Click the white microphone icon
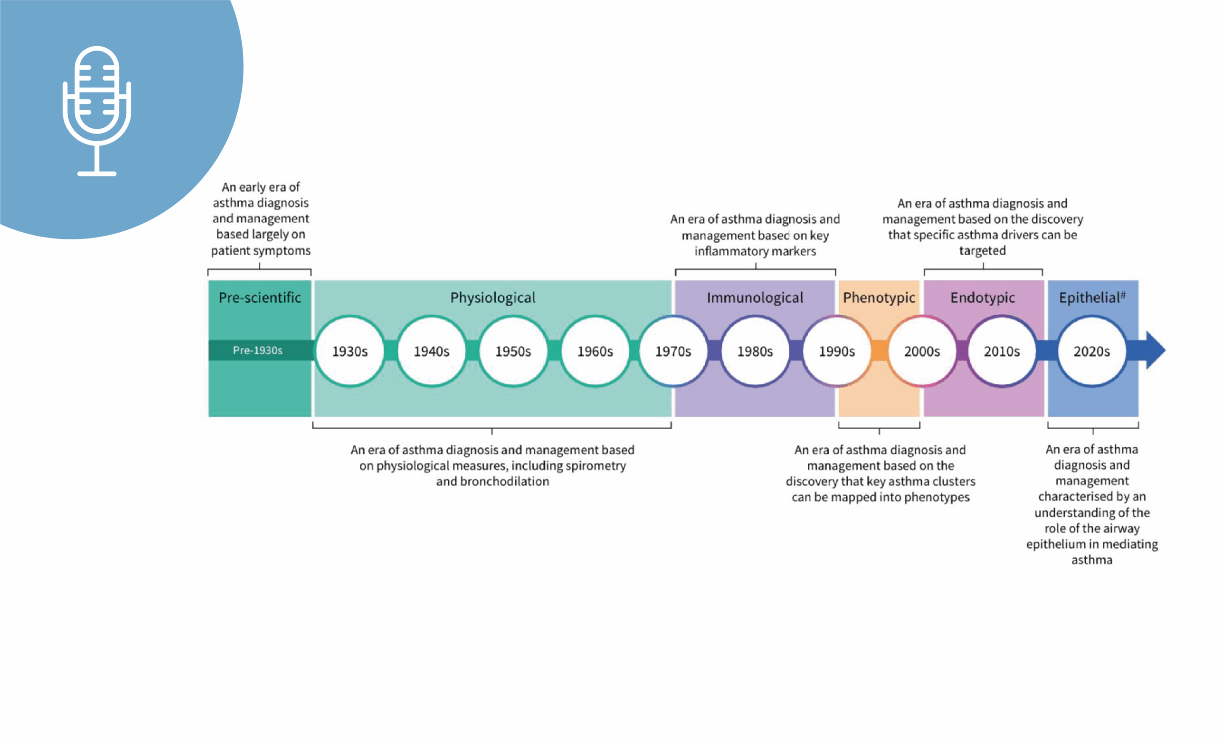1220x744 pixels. [97, 111]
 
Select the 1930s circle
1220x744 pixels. [350, 351]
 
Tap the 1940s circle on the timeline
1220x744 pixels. [432, 351]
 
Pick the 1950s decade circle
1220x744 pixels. [513, 351]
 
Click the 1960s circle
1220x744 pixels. [595, 351]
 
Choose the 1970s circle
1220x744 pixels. [673, 351]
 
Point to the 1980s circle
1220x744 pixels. [755, 351]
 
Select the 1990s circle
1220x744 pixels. [837, 351]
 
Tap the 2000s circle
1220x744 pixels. [922, 351]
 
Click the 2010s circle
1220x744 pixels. [1002, 351]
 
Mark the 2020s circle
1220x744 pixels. [1092, 351]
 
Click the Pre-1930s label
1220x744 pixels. [257, 350]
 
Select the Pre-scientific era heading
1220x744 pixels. [260, 298]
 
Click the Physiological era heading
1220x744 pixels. [493, 298]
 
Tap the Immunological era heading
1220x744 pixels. [755, 298]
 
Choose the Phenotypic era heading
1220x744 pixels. [879, 298]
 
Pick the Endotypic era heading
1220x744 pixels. [983, 298]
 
